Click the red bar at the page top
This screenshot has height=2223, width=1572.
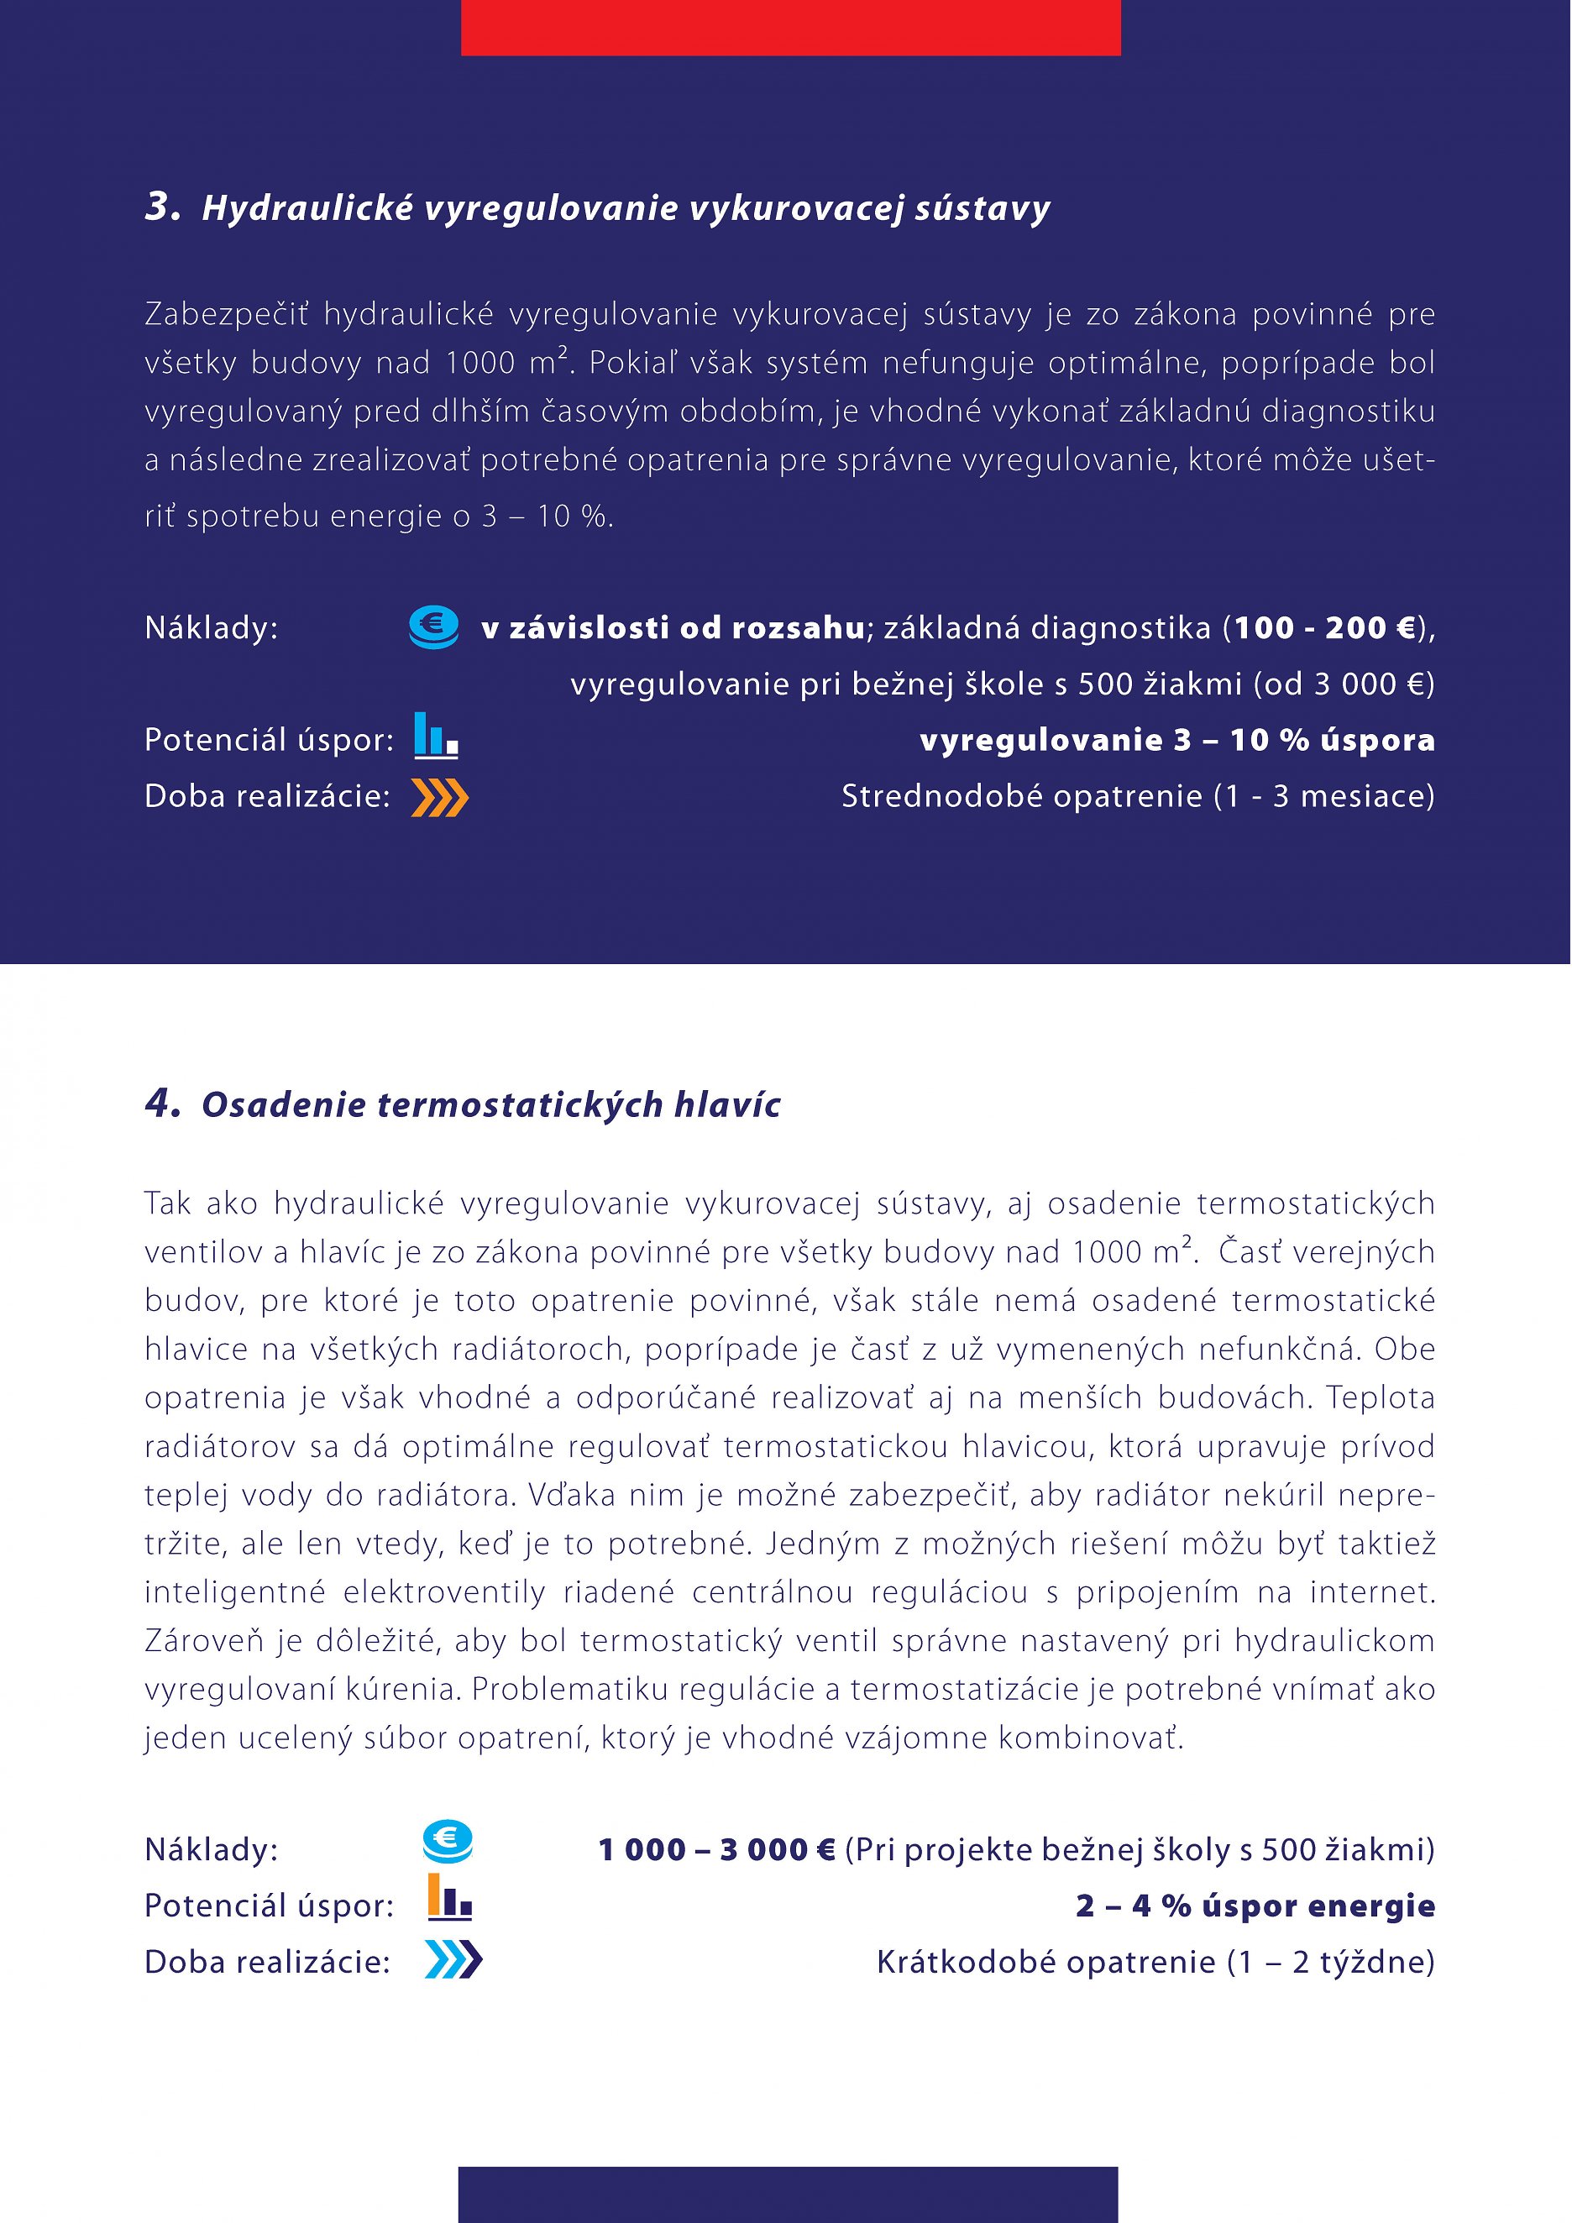click(790, 27)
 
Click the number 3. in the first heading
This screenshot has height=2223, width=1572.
click(163, 207)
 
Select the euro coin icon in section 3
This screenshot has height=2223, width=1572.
click(433, 627)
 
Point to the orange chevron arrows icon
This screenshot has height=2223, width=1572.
click(439, 798)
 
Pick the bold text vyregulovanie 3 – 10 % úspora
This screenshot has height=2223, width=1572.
click(1176, 741)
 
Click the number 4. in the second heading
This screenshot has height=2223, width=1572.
click(163, 1103)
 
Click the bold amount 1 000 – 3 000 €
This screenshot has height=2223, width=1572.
click(716, 1850)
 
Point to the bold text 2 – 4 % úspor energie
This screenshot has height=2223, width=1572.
click(1255, 1906)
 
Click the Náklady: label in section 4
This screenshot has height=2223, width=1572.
click(211, 1850)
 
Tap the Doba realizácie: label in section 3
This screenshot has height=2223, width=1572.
click(267, 797)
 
